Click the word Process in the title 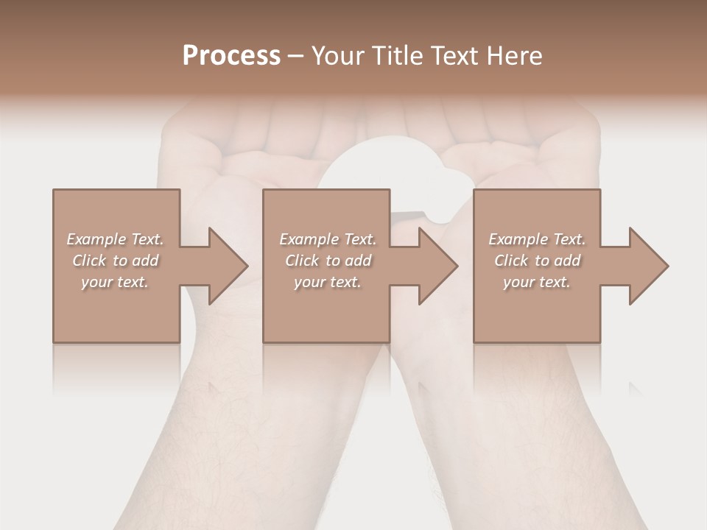coord(231,56)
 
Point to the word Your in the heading coord(337,56)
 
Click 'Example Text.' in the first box coord(115,239)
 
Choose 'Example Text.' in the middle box coord(328,239)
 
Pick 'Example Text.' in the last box coord(537,239)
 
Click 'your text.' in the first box coord(115,282)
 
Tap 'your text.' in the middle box coord(328,282)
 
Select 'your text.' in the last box coord(537,282)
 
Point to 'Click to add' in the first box coord(115,261)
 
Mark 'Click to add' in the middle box coord(328,261)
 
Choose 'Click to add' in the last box coord(537,261)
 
